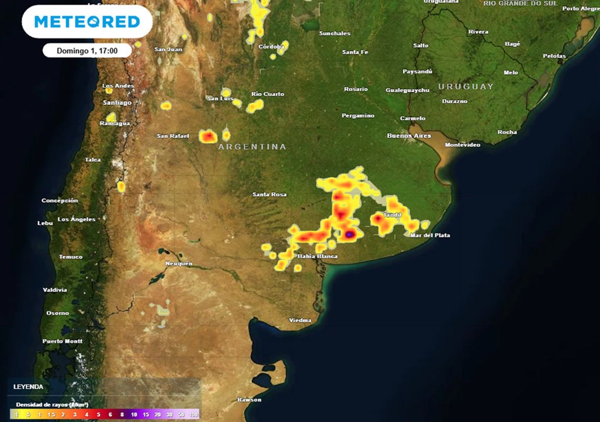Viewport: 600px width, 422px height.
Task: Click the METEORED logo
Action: [87, 22]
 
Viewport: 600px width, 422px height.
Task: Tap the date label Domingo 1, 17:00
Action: [87, 51]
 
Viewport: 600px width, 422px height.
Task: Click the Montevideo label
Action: [463, 145]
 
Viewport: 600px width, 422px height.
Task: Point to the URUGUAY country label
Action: [466, 87]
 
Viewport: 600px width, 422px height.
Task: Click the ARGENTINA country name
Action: [252, 147]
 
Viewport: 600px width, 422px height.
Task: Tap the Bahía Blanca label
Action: [318, 257]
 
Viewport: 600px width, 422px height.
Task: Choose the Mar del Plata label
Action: [430, 236]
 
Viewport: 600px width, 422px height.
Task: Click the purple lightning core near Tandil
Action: [349, 234]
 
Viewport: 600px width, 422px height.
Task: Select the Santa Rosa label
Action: [269, 195]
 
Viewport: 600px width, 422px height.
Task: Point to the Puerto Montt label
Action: [62, 341]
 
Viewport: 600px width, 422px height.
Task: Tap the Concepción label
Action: [59, 200]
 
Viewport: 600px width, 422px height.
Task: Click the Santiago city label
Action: [117, 103]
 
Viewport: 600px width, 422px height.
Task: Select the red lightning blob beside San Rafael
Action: [208, 137]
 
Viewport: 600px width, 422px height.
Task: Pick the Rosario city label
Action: [356, 89]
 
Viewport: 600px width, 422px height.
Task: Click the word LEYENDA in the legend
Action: [29, 387]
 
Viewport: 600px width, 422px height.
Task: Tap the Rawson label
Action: [250, 400]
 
